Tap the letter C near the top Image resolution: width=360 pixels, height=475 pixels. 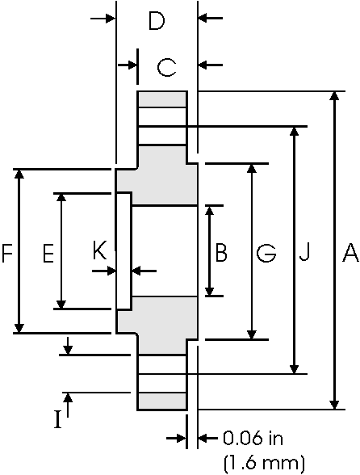[x=166, y=66]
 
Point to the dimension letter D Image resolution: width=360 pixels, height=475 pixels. [x=157, y=21]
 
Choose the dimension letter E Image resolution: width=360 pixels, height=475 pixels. [x=48, y=254]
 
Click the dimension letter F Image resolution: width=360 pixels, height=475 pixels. [x=7, y=254]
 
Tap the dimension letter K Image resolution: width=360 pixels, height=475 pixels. [x=99, y=252]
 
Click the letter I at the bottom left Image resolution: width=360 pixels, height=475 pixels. [x=57, y=419]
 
